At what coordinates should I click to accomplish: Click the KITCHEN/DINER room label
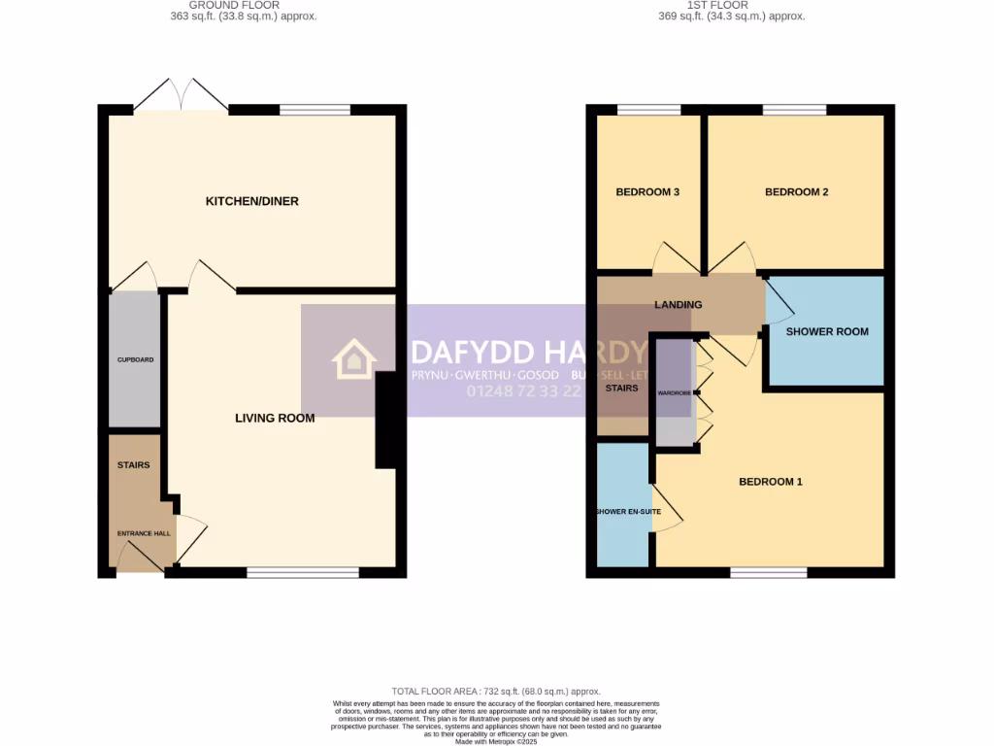pos(251,201)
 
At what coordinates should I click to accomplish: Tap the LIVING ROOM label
pos(275,419)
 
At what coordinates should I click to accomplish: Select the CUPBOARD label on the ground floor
pos(135,359)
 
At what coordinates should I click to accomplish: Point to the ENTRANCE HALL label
pos(144,533)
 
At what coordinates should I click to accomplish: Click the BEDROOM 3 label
pos(647,192)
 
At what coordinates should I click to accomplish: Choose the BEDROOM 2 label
pos(796,192)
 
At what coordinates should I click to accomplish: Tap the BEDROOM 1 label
pos(771,482)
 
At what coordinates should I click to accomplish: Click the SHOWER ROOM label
pos(827,331)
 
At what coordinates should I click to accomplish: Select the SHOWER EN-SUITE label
pos(622,512)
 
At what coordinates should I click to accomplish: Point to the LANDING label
pos(678,305)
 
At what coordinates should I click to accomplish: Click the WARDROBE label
pos(675,393)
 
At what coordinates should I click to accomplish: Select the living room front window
pos(302,573)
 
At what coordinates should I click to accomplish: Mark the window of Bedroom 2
pos(794,110)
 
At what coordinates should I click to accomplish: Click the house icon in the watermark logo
pos(354,359)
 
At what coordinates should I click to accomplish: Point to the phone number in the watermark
pos(524,391)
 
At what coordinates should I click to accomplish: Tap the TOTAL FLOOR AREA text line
pos(496,691)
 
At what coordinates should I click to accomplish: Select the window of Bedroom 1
pos(768,573)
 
